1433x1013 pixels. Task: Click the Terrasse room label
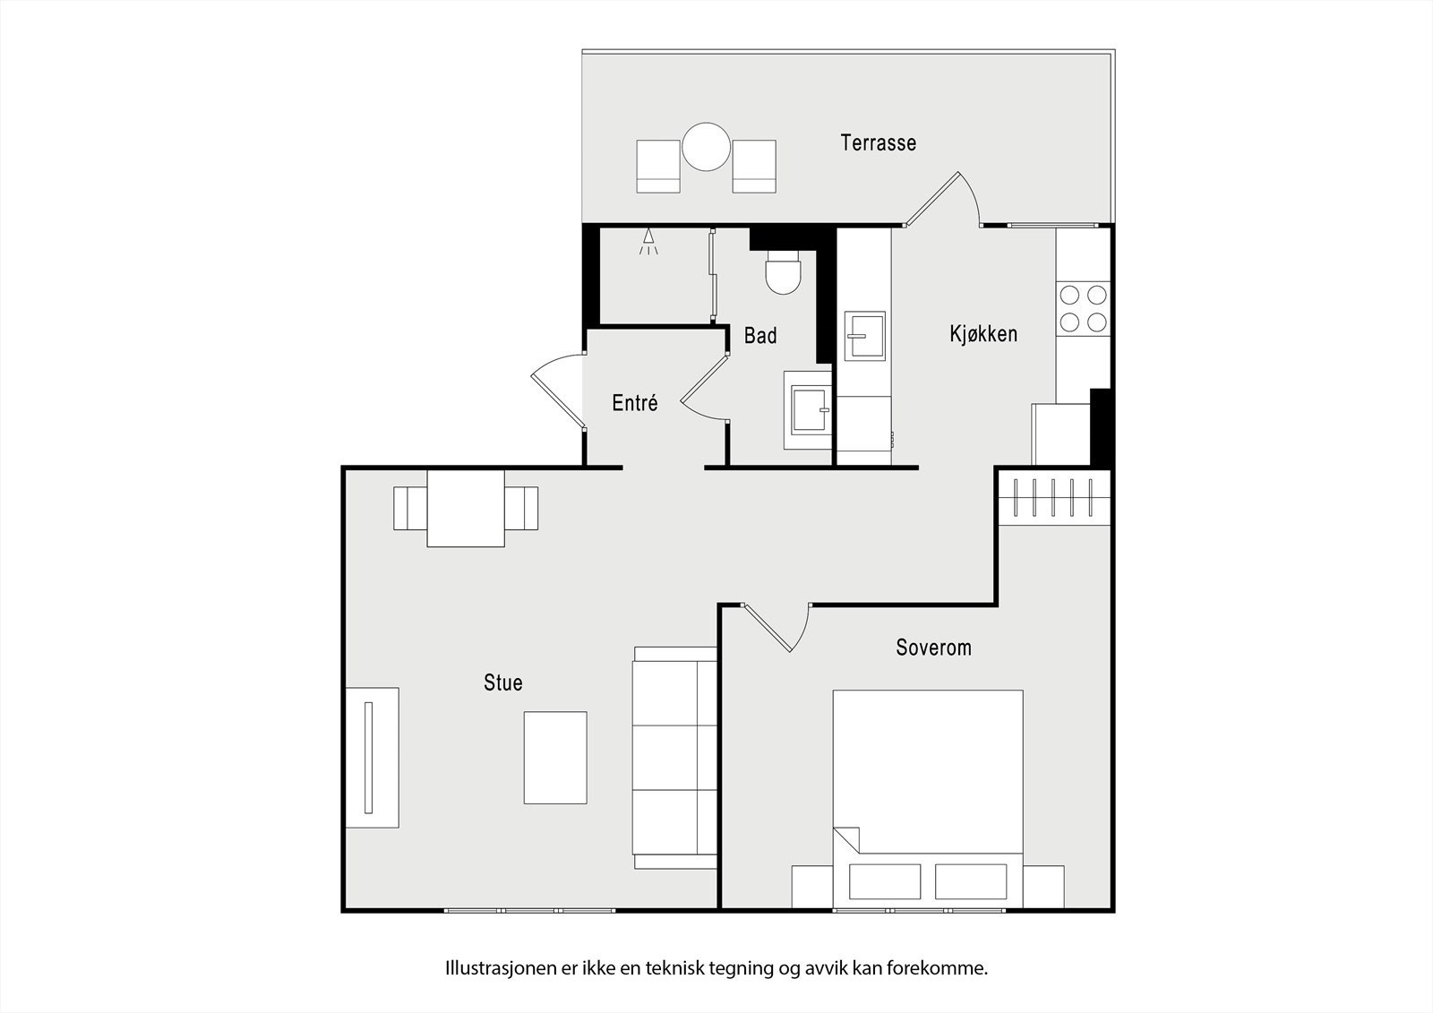[x=878, y=142]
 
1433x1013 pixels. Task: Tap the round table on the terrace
[x=707, y=147]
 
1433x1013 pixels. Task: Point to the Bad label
[x=760, y=336]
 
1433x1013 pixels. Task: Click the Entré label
[x=635, y=403]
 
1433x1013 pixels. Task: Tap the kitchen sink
[x=864, y=336]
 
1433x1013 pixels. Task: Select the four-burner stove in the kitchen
[x=1082, y=307]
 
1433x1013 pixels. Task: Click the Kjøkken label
[x=983, y=334]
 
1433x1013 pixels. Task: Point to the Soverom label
[x=933, y=648]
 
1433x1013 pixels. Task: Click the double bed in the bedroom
[x=928, y=788]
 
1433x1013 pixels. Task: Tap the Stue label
[x=502, y=682]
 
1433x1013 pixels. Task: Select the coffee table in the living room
[x=555, y=757]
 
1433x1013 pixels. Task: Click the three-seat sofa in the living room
[x=674, y=758]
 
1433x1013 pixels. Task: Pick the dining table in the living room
[x=466, y=508]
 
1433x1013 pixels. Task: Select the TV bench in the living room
[x=373, y=758]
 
